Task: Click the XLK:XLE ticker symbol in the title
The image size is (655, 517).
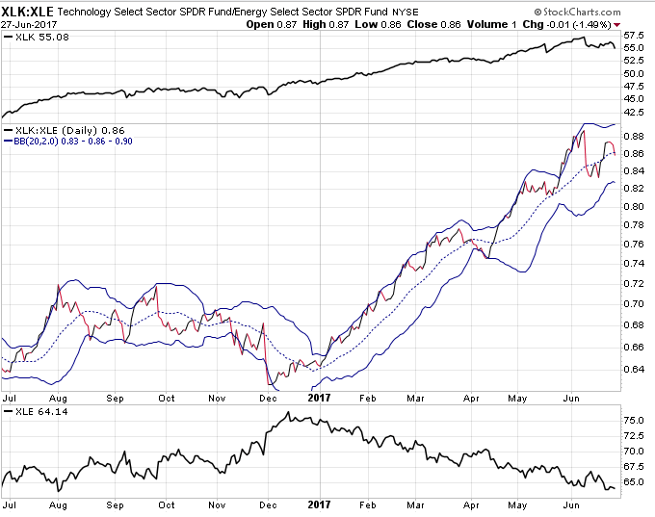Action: point(28,11)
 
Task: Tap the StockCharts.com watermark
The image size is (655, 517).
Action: point(577,13)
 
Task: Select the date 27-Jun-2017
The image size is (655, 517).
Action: point(29,25)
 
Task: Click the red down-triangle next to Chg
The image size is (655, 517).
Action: point(617,25)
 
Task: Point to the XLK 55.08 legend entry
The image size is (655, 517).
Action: point(37,38)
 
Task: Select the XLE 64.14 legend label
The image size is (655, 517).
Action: point(37,412)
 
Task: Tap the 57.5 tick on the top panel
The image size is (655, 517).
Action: point(634,36)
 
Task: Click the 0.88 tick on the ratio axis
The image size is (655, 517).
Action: point(634,136)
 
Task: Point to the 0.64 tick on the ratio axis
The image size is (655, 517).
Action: point(634,369)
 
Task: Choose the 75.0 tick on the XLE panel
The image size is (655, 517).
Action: point(634,421)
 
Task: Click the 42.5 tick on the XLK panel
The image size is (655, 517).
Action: point(634,112)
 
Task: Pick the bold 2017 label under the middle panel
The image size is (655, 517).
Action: point(319,398)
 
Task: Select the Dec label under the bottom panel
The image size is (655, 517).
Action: point(268,505)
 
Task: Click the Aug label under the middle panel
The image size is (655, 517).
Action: point(58,399)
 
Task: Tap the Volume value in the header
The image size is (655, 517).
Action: point(513,25)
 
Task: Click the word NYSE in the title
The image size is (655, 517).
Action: point(406,13)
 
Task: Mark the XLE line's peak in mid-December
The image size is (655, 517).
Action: point(288,412)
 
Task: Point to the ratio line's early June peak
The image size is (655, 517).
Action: point(584,131)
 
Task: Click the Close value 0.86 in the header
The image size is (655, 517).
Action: point(451,25)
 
